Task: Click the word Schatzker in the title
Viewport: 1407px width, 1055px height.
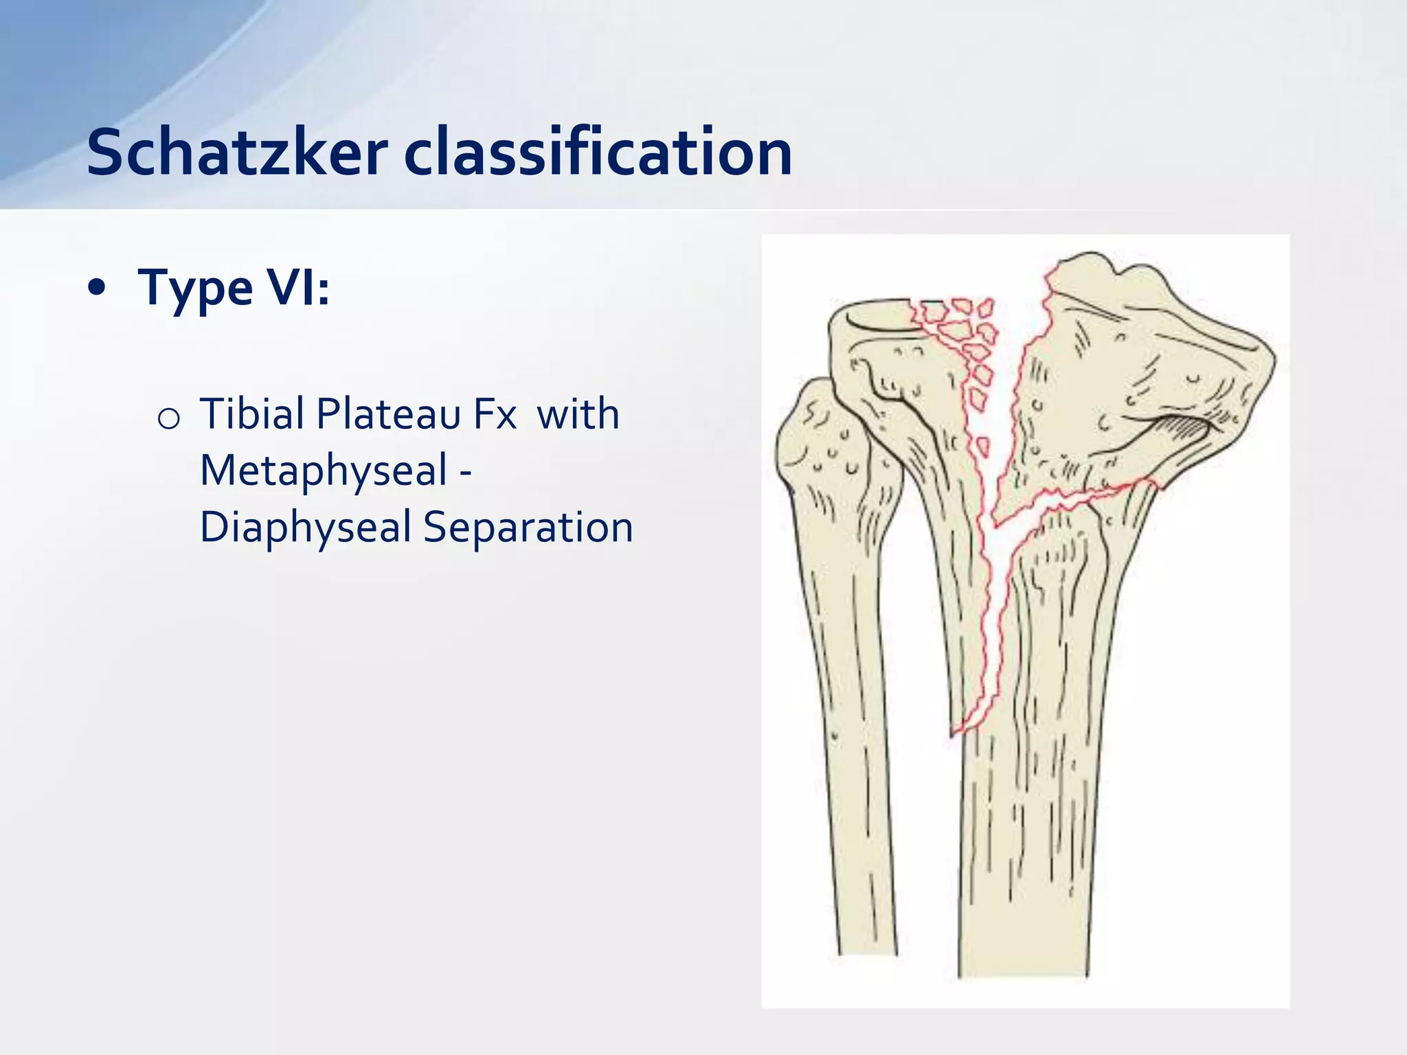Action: click(237, 152)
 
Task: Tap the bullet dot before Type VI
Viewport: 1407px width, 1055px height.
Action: click(98, 289)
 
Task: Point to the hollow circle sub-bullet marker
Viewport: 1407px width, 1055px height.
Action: click(168, 418)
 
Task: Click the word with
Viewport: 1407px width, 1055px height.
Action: click(578, 414)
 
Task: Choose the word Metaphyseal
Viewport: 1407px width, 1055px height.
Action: click(324, 471)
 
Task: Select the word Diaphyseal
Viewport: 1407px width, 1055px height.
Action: click(305, 527)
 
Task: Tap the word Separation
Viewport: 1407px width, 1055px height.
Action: click(528, 527)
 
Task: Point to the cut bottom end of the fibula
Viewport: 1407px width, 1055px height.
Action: click(868, 951)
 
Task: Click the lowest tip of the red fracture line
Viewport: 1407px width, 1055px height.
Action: click(953, 735)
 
